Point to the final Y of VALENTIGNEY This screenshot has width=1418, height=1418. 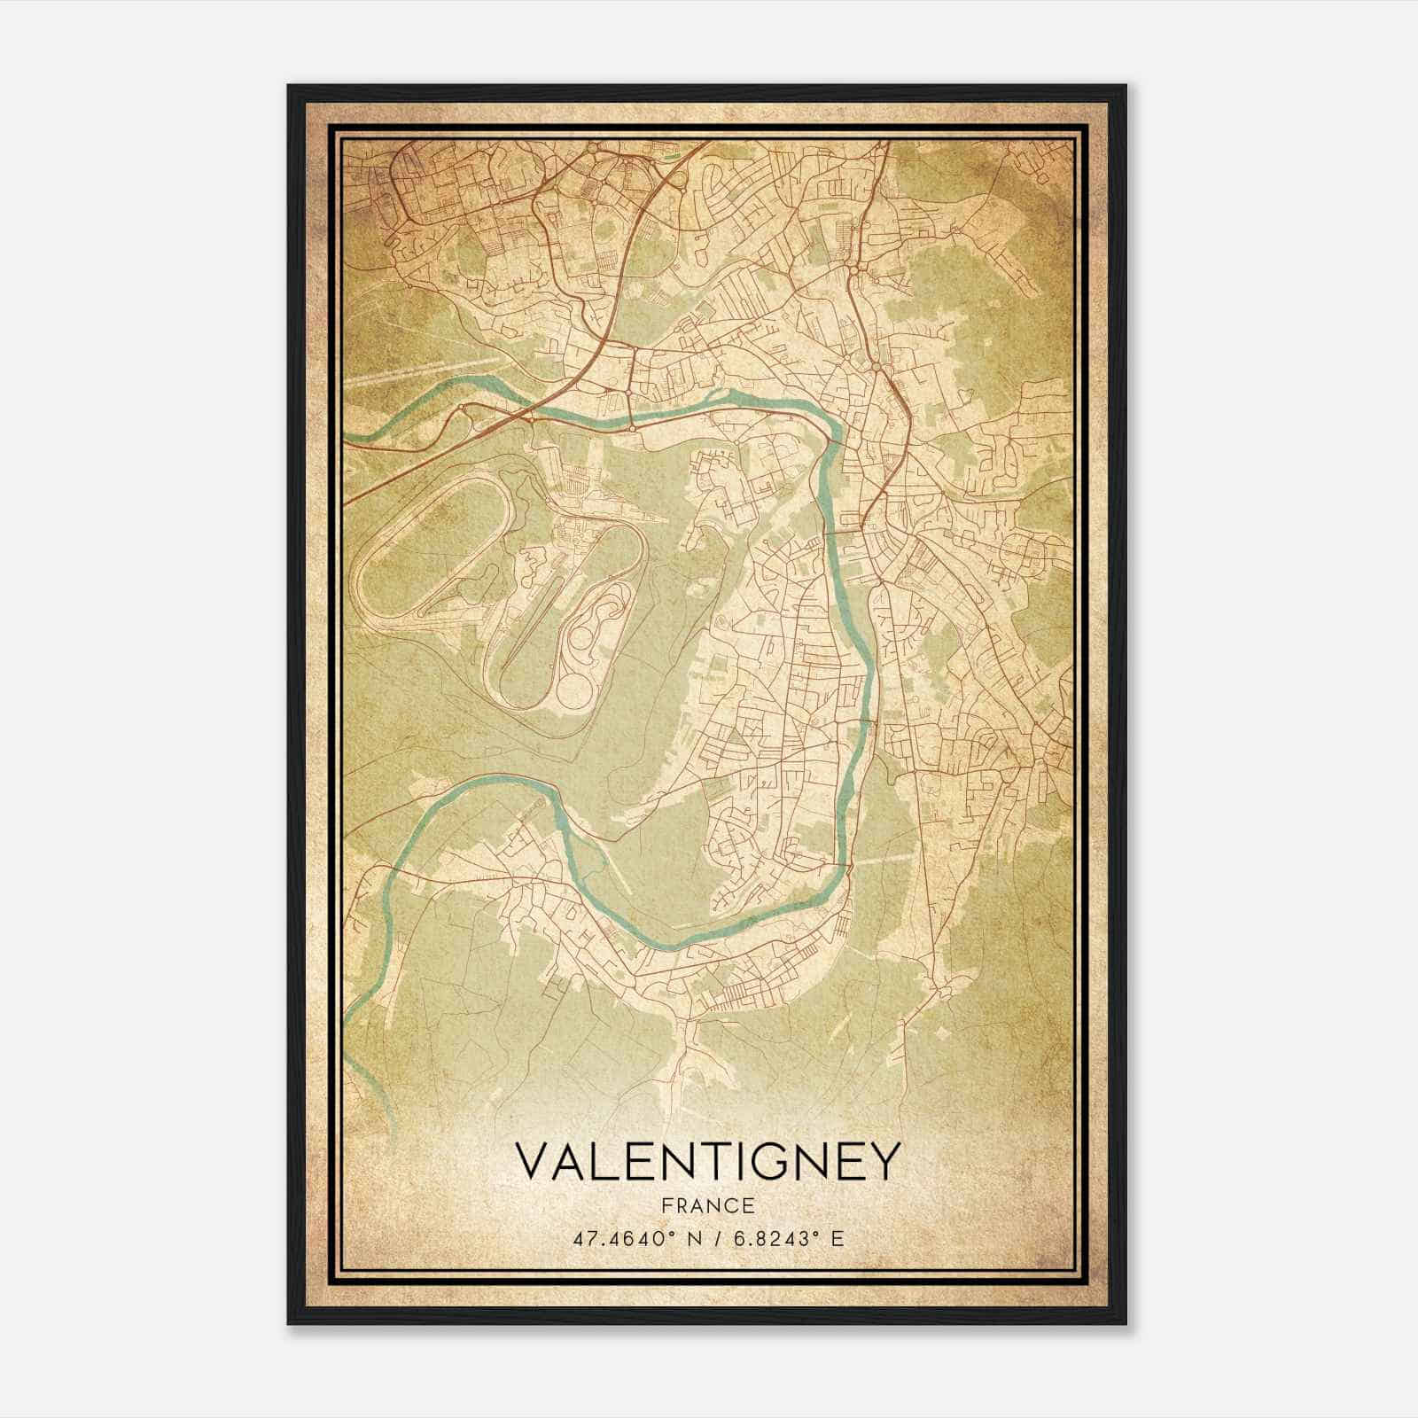883,1162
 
